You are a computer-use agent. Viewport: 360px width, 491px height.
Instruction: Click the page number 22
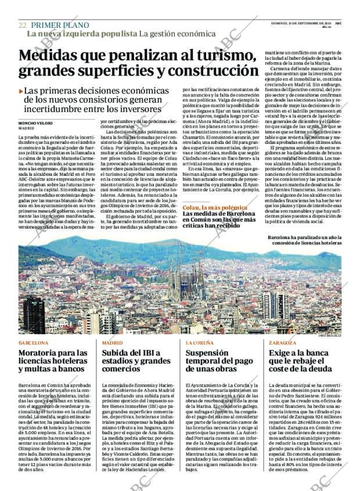(x=22, y=26)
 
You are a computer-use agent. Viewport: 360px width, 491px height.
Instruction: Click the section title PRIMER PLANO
(x=60, y=26)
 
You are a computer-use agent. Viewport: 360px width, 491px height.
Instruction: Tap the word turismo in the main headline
(x=223, y=56)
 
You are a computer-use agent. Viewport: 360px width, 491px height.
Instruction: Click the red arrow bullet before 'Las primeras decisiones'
(x=21, y=91)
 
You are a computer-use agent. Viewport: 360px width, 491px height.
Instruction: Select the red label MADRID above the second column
(x=112, y=343)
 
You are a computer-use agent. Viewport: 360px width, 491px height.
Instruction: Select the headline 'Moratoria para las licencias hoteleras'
(x=53, y=360)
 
